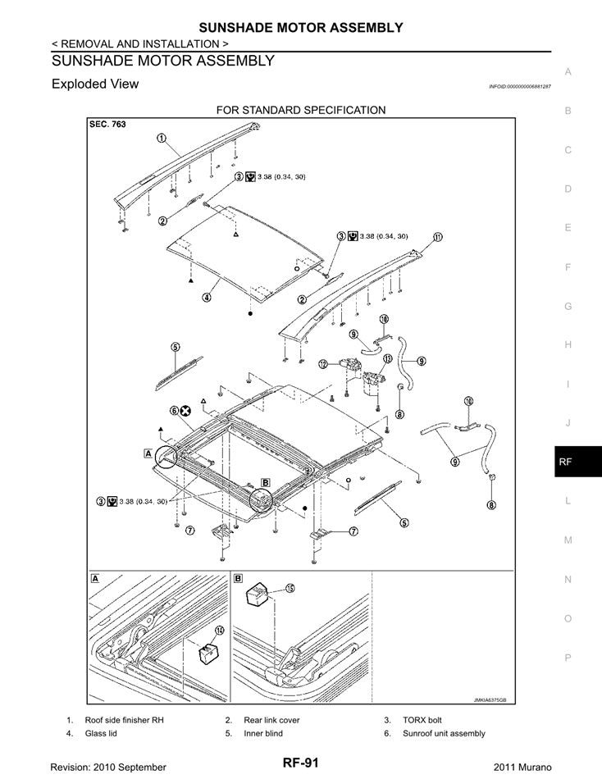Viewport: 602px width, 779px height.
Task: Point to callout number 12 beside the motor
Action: click(x=323, y=362)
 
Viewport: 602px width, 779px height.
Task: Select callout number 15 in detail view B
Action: click(x=290, y=588)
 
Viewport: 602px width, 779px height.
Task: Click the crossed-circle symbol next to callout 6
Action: click(x=186, y=410)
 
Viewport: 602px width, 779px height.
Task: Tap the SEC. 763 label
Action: click(x=107, y=125)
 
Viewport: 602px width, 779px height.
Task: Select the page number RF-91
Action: click(x=301, y=763)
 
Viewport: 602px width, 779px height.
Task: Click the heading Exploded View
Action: click(x=95, y=84)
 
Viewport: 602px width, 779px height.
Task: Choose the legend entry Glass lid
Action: click(x=101, y=733)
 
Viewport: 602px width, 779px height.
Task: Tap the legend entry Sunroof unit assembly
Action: click(x=444, y=733)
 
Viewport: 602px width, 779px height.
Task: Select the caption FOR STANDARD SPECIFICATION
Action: click(x=300, y=110)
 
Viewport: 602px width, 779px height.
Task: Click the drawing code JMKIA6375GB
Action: click(x=490, y=700)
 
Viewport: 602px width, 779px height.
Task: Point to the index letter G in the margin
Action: click(x=568, y=306)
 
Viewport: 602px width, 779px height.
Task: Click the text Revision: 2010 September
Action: click(x=108, y=766)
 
